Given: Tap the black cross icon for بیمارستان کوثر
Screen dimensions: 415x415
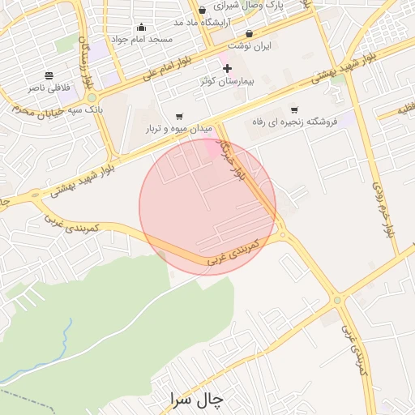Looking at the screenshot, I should click(x=227, y=69).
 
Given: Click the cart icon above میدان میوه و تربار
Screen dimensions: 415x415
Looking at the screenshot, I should click(x=178, y=117).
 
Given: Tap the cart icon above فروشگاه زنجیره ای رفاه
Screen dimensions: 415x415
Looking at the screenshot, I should click(x=293, y=110).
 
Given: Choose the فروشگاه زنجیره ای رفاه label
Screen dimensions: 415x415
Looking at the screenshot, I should click(x=292, y=122).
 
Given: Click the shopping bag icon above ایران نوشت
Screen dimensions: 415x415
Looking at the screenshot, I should click(x=249, y=34).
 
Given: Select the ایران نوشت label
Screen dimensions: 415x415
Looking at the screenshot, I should click(x=250, y=46).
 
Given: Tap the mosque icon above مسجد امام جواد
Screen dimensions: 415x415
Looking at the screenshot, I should click(x=142, y=27).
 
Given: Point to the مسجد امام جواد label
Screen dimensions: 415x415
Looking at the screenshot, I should click(x=142, y=39).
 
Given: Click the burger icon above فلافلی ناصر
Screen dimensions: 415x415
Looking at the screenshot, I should click(x=49, y=75).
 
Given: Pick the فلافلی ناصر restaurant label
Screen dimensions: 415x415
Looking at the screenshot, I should click(x=49, y=87).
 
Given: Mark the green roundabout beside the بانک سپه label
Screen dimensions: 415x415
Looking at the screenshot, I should click(x=92, y=98).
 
